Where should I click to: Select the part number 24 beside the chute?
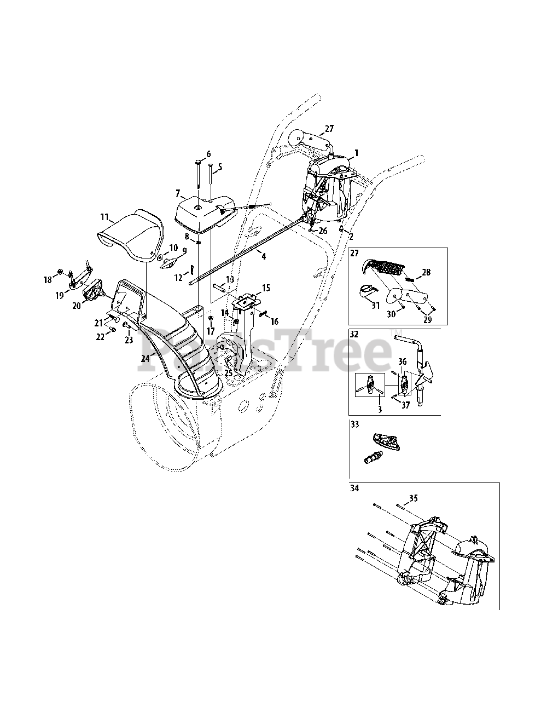[x=144, y=359]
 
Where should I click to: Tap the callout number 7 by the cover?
[x=177, y=193]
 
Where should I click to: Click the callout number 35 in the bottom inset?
[x=413, y=498]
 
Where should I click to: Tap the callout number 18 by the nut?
[x=48, y=280]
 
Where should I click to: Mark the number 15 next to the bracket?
[x=266, y=288]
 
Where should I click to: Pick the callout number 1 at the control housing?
[x=356, y=154]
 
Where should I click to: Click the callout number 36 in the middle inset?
[x=402, y=361]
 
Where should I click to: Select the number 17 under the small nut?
[x=211, y=331]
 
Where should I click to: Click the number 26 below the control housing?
[x=323, y=231]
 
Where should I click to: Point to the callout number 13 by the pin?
[x=230, y=279]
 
